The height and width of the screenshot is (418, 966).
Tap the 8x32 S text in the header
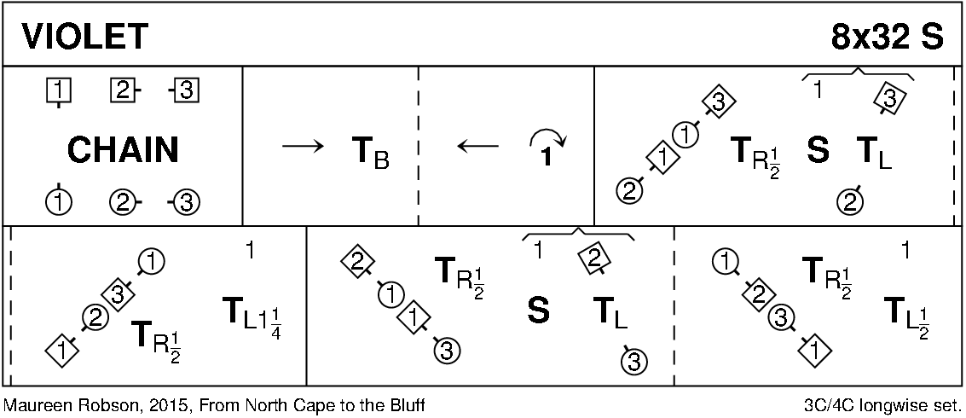point(887,37)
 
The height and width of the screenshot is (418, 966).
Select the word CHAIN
point(124,149)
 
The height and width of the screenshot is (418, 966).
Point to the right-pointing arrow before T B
point(303,147)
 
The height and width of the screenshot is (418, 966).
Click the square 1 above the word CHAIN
point(58,90)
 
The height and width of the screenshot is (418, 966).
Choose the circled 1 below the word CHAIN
point(58,200)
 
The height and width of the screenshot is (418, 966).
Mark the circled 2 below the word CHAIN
point(122,202)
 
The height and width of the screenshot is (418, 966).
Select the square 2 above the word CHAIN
point(122,89)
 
